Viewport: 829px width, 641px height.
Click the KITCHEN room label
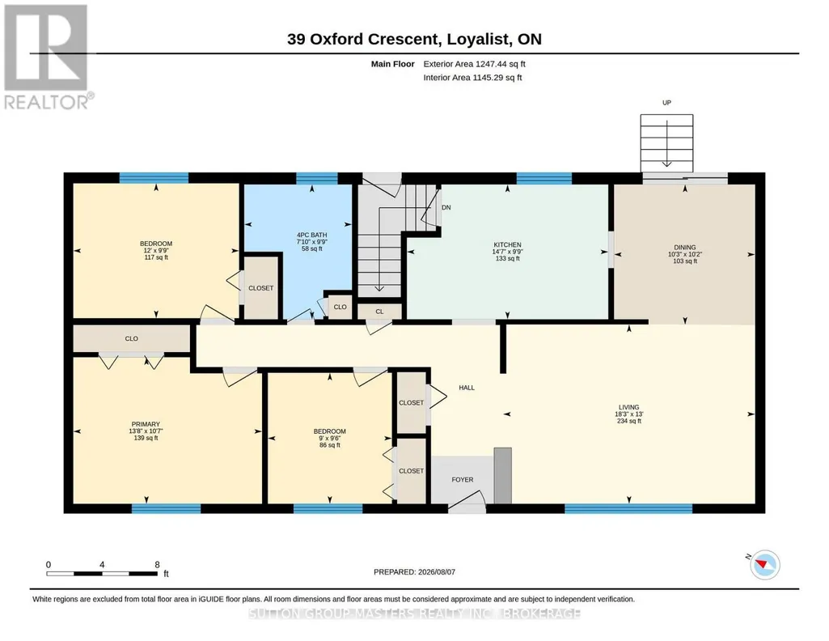(508, 245)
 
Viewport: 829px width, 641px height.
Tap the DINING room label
(685, 248)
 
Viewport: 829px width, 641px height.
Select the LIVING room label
(629, 407)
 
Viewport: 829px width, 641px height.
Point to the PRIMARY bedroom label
(146, 424)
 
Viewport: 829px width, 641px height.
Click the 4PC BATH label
(312, 235)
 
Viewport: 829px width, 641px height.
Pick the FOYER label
(463, 480)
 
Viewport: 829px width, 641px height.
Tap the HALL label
(467, 388)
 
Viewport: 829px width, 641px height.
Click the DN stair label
(446, 207)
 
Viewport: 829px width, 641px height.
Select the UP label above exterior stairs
(666, 103)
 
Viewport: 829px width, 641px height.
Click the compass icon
(764, 564)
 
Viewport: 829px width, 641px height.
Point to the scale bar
(102, 574)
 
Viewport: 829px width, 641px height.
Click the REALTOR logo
(48, 57)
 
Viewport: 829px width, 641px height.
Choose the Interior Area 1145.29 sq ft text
(472, 77)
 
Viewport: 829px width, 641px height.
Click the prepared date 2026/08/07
(414, 571)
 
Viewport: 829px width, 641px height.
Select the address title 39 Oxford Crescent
(362, 39)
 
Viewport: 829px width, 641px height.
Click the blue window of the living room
(628, 509)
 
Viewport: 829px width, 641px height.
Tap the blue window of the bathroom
(317, 178)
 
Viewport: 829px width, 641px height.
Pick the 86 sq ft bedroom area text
(330, 445)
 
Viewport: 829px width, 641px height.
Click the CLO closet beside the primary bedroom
(132, 338)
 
